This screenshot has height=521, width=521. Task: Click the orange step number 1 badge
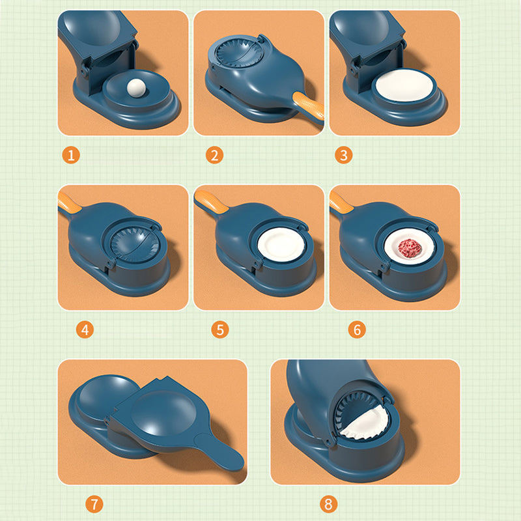[x=72, y=155]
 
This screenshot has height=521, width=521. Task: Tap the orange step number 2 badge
[x=214, y=155]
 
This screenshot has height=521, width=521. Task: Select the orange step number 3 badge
[x=345, y=155]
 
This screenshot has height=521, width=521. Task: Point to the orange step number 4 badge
[x=84, y=330]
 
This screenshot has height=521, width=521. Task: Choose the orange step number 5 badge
[x=220, y=330]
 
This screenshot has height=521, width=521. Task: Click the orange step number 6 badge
[x=356, y=330]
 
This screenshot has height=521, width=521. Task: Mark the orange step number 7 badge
[x=94, y=504]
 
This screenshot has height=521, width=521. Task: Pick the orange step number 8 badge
[x=327, y=504]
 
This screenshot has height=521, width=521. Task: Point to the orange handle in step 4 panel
[x=69, y=200]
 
